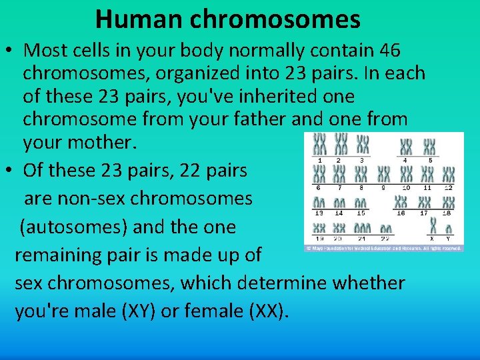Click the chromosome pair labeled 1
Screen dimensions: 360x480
(x=320, y=145)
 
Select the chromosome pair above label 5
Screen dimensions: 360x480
(x=429, y=146)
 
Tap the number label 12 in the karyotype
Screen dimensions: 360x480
(x=448, y=188)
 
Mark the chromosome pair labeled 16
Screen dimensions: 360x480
(x=401, y=202)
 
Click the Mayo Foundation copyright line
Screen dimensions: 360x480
(x=383, y=247)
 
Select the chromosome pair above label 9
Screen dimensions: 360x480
(x=383, y=175)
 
